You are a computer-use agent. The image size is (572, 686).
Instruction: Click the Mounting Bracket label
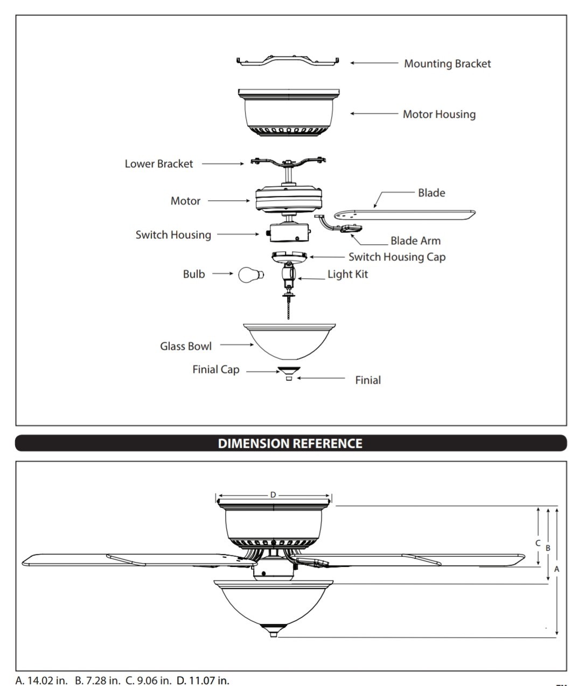(447, 63)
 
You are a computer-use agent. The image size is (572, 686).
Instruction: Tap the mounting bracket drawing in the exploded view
(288, 61)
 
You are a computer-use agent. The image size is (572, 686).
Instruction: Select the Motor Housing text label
(439, 114)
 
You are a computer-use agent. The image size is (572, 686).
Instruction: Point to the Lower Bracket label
(158, 164)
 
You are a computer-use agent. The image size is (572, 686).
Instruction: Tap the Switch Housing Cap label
(397, 257)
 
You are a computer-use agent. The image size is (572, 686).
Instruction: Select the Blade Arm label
(415, 241)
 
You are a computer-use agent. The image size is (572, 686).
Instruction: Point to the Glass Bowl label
(186, 346)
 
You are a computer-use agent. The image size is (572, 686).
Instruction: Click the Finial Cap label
(216, 370)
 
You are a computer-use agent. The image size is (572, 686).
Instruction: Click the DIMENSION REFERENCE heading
(290, 443)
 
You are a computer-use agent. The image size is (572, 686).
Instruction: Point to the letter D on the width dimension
(273, 494)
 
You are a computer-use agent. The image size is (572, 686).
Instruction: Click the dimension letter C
(538, 543)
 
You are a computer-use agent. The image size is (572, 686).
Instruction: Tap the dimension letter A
(557, 568)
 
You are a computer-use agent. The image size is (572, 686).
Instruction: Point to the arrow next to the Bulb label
(222, 274)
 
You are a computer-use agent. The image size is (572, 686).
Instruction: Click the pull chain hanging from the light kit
(289, 309)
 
